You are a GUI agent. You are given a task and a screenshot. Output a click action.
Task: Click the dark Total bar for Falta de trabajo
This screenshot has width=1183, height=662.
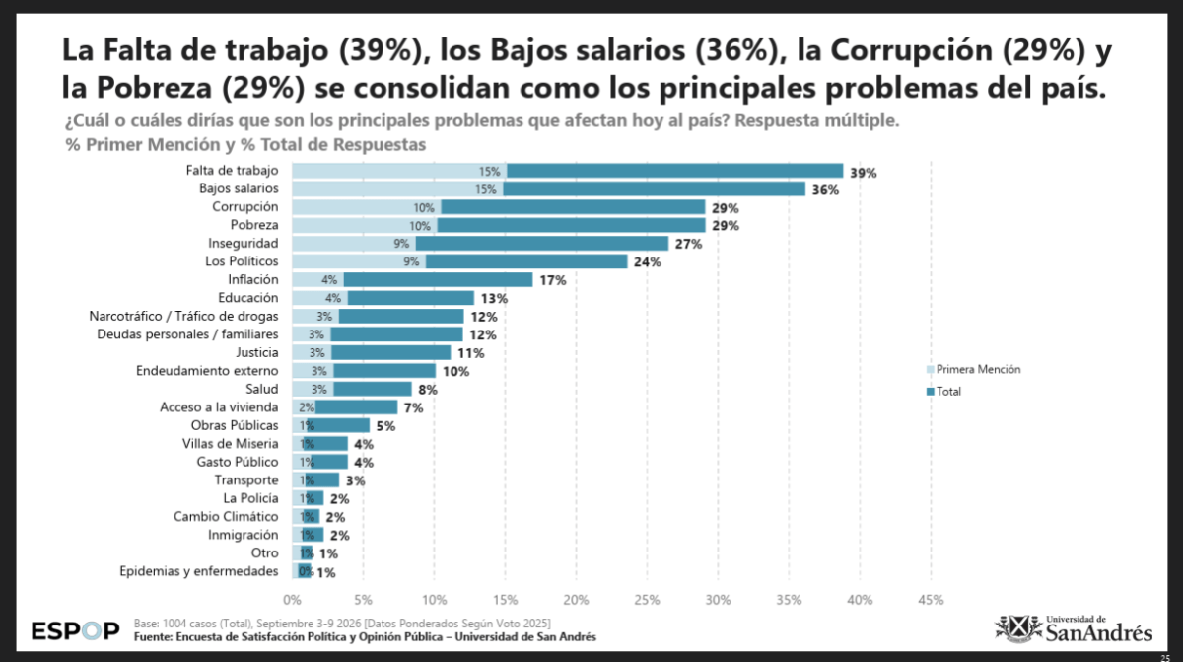(x=675, y=171)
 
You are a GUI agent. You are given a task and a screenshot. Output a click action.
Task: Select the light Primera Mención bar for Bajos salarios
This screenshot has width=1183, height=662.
(x=397, y=188)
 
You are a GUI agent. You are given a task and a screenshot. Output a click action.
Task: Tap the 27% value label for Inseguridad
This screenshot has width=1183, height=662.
(x=689, y=244)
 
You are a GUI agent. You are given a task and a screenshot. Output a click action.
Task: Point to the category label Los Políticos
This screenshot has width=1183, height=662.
(x=242, y=261)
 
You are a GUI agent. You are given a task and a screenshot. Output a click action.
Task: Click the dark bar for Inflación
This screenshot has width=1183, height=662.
(x=439, y=279)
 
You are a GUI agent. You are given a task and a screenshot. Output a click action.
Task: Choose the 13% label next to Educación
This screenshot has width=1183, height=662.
(x=494, y=299)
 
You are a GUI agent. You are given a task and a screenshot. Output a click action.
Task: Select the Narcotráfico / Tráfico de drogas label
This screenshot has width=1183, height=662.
(x=183, y=316)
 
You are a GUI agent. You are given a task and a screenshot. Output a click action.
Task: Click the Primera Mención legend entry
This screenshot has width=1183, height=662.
(x=974, y=369)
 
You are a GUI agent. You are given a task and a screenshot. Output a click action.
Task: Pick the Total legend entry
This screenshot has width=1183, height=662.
(x=943, y=392)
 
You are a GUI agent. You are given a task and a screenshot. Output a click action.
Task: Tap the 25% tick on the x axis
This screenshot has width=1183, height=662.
(x=647, y=600)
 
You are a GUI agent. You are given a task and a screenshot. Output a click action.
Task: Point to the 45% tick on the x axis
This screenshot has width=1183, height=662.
(x=931, y=600)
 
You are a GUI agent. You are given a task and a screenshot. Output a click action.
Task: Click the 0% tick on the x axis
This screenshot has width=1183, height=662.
(x=292, y=600)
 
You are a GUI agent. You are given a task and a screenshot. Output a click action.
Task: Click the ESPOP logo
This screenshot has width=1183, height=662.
(x=76, y=630)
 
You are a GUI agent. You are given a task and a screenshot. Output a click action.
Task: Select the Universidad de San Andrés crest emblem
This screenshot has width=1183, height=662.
(x=1018, y=628)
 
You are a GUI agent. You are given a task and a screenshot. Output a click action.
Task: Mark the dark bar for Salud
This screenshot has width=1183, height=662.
(x=373, y=389)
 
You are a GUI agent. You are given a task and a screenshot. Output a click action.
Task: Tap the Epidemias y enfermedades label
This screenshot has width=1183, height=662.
(x=198, y=571)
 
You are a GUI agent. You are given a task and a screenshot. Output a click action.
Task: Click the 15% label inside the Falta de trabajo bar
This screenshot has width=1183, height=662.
(x=490, y=172)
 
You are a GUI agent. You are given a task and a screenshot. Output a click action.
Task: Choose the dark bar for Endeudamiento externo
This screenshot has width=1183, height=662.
(x=385, y=371)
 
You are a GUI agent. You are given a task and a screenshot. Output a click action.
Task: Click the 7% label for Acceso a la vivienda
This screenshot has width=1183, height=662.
(x=413, y=407)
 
